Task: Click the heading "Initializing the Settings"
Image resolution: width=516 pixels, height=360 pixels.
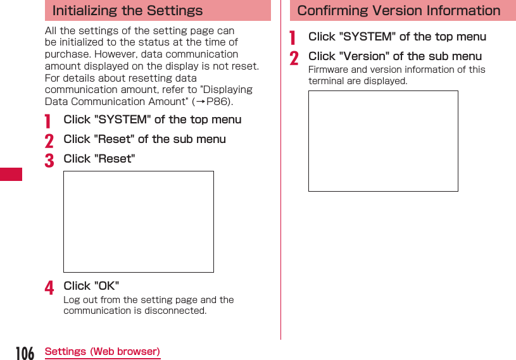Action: click(127, 11)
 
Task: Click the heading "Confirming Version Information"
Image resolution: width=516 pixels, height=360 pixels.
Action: click(398, 11)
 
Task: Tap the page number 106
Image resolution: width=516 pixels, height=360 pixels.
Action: click(25, 352)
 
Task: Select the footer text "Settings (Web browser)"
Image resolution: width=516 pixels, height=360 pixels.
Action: click(102, 352)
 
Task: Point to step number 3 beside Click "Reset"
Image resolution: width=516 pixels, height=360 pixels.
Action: click(49, 160)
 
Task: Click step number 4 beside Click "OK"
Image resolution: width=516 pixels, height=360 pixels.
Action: click(49, 288)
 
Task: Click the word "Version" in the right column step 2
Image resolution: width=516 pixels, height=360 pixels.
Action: click(366, 56)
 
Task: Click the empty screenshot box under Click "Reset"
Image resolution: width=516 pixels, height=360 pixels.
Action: click(138, 221)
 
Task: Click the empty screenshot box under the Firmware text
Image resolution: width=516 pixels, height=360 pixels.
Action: click(383, 140)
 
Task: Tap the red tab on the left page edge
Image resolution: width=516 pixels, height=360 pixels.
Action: click(11, 174)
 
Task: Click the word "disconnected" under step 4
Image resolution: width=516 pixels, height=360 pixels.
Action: click(174, 311)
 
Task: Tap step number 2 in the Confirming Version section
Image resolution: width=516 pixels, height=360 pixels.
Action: click(294, 58)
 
